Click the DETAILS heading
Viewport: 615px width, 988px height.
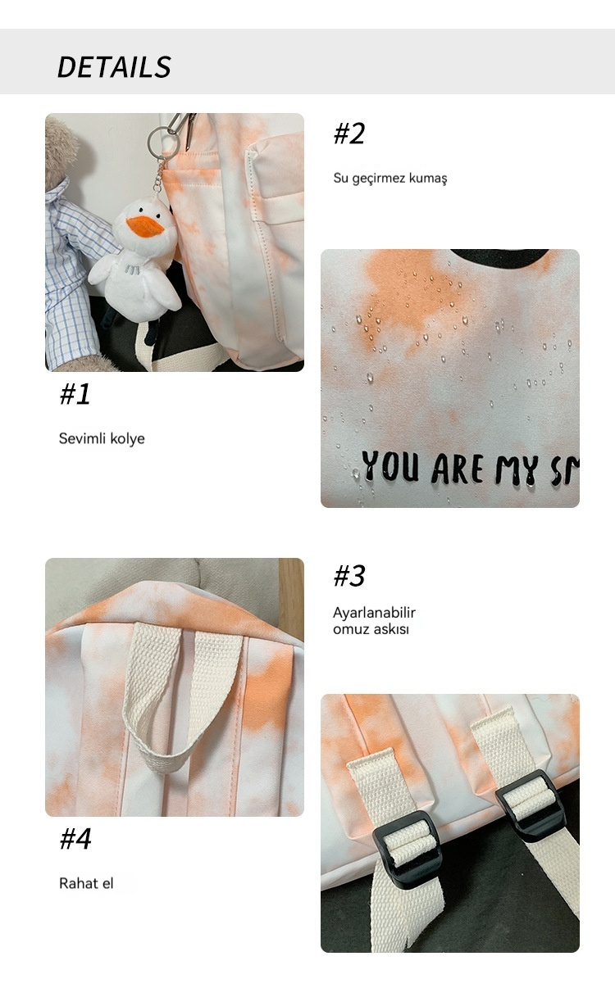coord(114,67)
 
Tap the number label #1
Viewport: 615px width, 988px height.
coord(75,394)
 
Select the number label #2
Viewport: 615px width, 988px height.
coord(349,134)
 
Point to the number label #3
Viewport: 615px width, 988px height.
coord(349,576)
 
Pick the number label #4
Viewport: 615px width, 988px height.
coord(75,838)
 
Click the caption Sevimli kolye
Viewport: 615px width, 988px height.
coord(102,438)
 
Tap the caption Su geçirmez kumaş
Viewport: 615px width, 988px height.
coord(390,179)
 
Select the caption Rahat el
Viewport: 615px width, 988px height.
coord(86,883)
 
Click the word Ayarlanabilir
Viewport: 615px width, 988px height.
coord(375,612)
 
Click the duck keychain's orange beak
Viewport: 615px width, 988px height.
coord(145,226)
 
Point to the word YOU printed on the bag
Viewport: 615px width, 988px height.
coord(390,466)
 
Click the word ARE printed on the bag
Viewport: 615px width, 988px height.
coord(458,468)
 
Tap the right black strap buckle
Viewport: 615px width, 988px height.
coord(530,804)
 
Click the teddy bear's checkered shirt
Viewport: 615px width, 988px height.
coord(73,274)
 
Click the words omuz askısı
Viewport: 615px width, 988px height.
coord(371,629)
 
